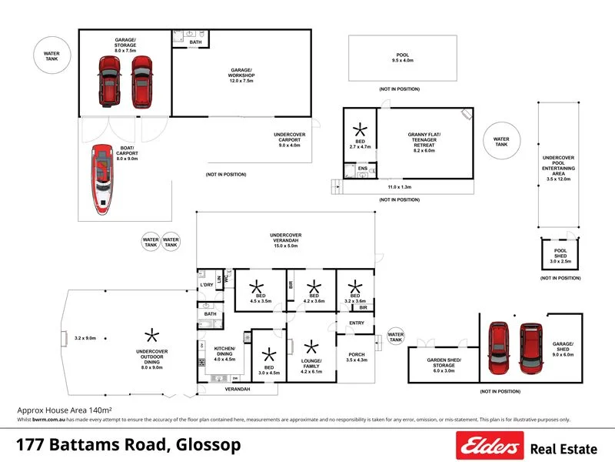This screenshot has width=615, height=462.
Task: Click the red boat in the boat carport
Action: pos(102,178)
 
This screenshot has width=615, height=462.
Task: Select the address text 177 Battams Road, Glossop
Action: pos(128,445)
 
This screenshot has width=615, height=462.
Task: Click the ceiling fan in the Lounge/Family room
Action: pos(311,347)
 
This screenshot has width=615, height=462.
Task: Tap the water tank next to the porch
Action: pos(395,336)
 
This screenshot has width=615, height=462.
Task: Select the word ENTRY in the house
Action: pos(357,323)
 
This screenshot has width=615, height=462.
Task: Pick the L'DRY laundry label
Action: pos(206,286)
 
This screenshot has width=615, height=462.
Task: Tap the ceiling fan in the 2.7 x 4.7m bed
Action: pos(359,130)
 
